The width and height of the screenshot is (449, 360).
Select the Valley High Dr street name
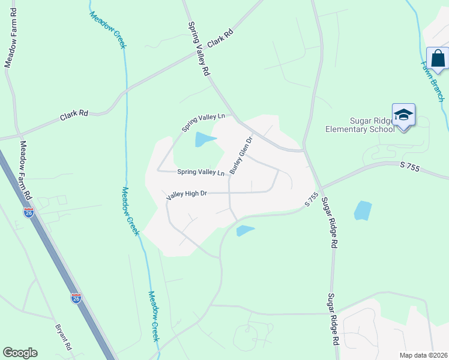(187, 194)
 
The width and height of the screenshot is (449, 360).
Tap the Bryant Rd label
(63, 338)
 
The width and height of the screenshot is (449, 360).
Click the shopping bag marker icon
(438, 59)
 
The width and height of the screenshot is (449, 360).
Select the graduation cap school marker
(403, 115)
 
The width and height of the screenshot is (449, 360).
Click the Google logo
(20, 353)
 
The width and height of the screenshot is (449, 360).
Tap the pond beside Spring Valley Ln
(204, 140)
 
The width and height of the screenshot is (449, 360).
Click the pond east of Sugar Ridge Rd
(363, 210)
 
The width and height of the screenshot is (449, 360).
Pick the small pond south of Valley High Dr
(246, 230)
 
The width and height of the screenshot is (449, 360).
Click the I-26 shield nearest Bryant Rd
(76, 298)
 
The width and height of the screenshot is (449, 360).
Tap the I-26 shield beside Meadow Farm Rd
(28, 212)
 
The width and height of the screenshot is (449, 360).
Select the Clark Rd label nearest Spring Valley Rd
(220, 40)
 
